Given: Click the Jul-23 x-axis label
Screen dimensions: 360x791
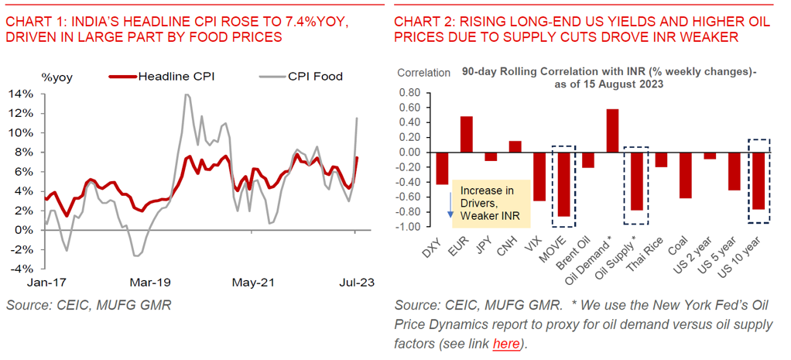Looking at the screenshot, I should coord(354,283).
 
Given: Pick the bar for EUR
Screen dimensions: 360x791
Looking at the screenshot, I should coord(466,134).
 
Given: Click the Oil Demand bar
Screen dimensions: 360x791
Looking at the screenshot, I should coord(612,131).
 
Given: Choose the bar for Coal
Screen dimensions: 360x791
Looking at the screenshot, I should coord(685,175).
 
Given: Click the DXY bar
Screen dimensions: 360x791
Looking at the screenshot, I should coord(442,168).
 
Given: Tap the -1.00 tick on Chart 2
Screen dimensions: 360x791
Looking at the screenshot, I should coord(409,226).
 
